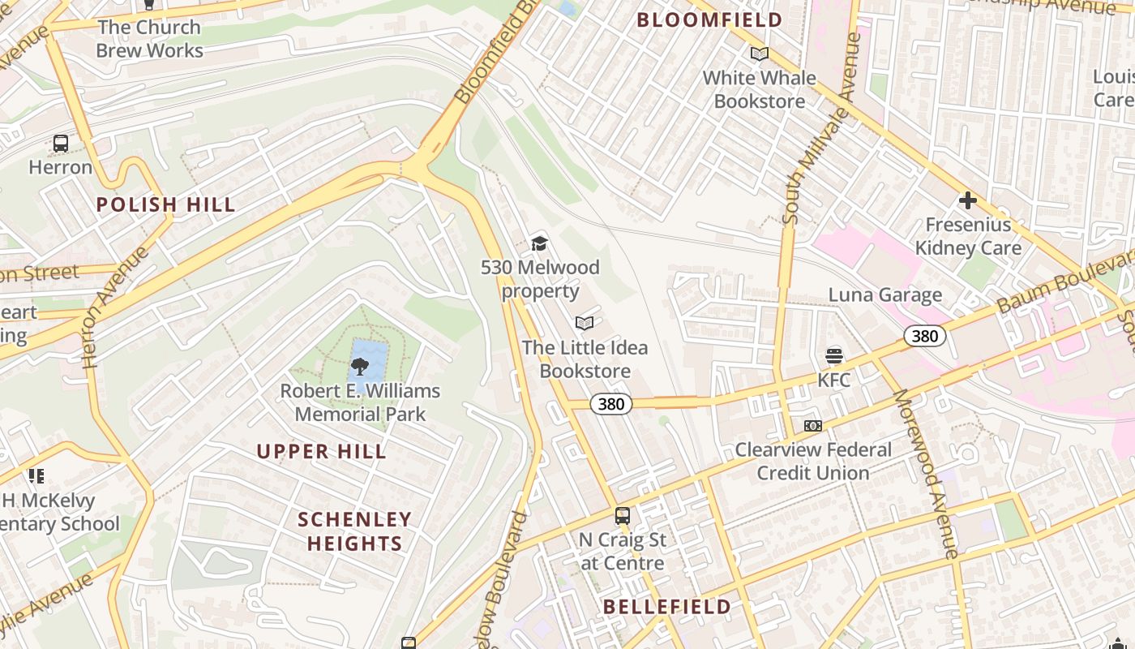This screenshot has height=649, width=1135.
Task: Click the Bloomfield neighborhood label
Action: click(709, 20)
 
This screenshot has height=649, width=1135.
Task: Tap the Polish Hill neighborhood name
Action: click(165, 204)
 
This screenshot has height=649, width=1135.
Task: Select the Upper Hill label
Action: click(322, 452)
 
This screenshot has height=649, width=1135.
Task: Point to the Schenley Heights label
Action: click(354, 531)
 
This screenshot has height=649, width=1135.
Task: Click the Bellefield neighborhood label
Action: click(667, 607)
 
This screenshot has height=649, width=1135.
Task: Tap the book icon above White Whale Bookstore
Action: click(760, 54)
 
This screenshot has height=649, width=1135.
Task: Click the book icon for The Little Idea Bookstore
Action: click(585, 324)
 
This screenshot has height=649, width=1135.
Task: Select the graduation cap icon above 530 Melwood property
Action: click(540, 243)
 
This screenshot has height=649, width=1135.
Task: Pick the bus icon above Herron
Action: click(61, 144)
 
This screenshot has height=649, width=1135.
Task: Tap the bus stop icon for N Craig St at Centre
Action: click(622, 516)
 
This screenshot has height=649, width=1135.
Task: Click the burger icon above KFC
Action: click(833, 355)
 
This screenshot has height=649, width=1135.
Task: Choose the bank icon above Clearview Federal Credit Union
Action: click(813, 426)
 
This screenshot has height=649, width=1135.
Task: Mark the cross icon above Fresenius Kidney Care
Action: click(967, 200)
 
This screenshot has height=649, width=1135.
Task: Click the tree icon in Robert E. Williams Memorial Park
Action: click(359, 367)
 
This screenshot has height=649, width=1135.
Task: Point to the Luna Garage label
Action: click(884, 295)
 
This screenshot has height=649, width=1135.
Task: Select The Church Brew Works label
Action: click(149, 39)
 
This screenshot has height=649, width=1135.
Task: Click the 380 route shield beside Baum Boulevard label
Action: click(924, 336)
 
